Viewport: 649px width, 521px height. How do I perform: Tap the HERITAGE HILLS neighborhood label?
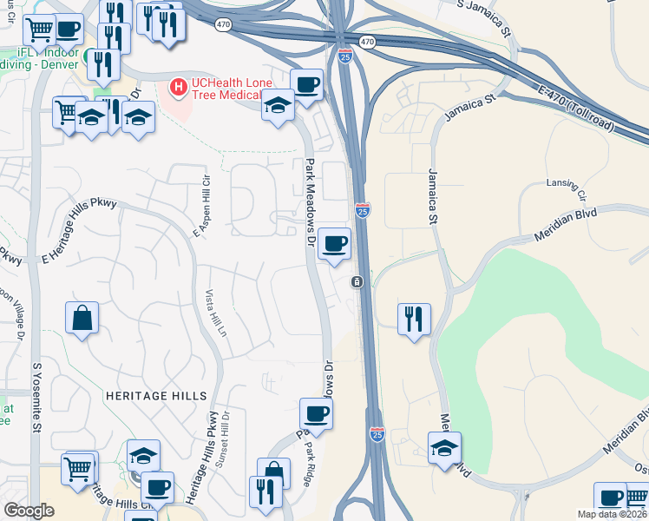click(x=156, y=396)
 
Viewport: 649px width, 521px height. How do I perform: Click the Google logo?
click(x=29, y=510)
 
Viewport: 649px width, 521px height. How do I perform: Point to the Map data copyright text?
click(x=613, y=514)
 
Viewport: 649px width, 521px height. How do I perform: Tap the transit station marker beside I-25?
click(x=357, y=282)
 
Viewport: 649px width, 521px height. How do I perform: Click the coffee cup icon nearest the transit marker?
click(x=334, y=242)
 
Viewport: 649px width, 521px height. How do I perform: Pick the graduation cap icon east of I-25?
click(x=444, y=447)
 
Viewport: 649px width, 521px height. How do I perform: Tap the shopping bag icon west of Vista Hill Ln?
click(x=82, y=317)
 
